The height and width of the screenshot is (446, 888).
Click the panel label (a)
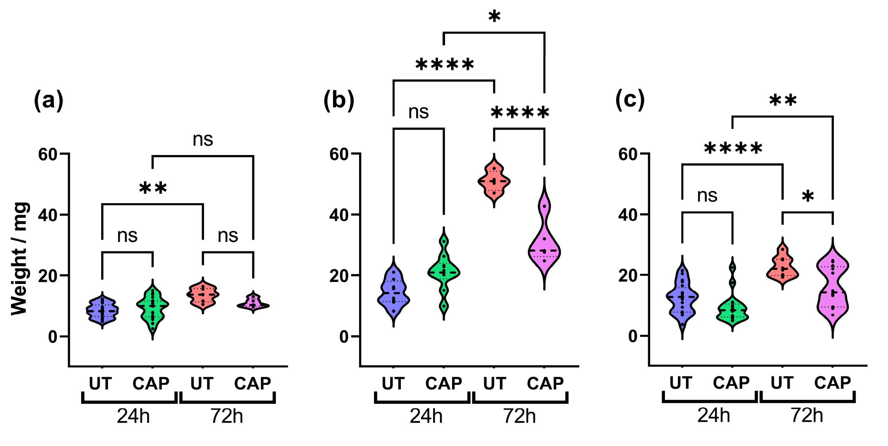48,101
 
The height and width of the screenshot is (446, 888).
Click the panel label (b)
339,101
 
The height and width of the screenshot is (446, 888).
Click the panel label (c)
630,100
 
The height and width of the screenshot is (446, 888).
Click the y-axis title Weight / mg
20,259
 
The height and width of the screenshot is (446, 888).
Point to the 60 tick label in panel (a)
48,154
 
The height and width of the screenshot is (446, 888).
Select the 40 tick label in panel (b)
339,215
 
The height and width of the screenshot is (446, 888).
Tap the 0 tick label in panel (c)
633,336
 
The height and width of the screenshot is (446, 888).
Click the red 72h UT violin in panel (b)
494,181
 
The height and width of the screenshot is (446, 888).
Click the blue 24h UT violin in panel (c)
682,297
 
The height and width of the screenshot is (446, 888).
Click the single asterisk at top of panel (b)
494,17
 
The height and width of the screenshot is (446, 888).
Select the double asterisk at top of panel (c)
783,101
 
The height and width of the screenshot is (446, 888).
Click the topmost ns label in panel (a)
203,140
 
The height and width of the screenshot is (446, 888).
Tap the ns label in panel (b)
418,112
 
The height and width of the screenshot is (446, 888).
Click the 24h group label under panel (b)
426,416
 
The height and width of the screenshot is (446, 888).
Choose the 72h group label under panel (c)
807,415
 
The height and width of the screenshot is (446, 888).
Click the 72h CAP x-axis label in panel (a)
253,383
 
